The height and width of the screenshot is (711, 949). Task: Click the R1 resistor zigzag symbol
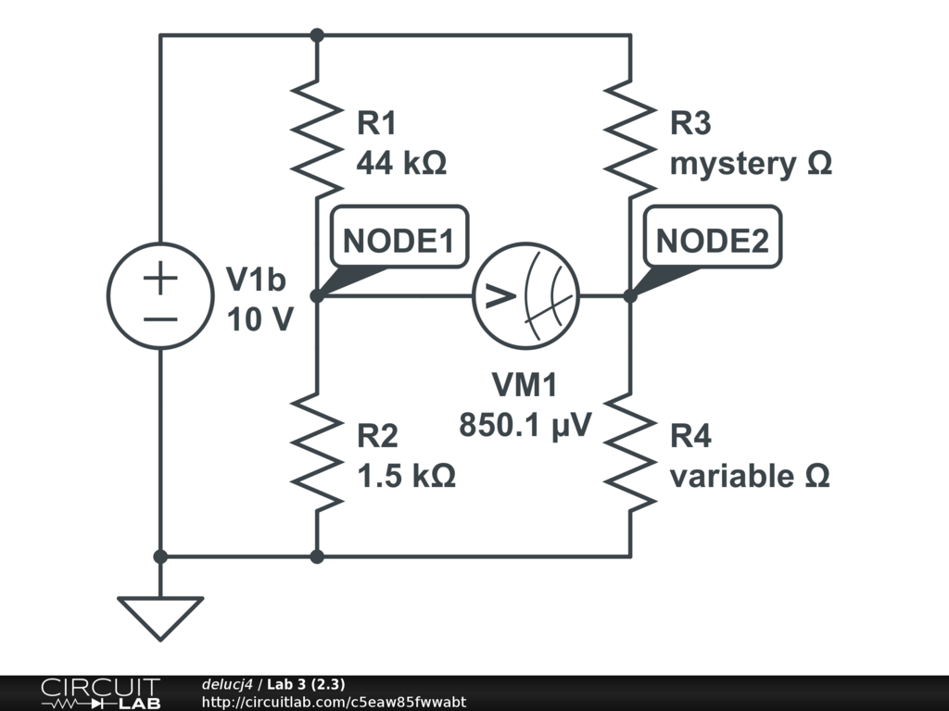tap(317, 139)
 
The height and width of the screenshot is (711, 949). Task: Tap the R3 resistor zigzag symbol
tap(630, 139)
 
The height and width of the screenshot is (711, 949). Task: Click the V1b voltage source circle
tap(160, 296)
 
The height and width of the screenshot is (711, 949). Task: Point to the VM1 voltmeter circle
tap(525, 296)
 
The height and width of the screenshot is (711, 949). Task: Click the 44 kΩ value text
tap(401, 164)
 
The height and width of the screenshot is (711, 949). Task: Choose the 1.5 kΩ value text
tap(406, 477)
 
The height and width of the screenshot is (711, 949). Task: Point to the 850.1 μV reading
tap(525, 427)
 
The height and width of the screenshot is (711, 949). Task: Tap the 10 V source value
tap(260, 319)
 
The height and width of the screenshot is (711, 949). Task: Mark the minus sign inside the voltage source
tap(160, 318)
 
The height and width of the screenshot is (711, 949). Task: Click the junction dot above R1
tap(317, 35)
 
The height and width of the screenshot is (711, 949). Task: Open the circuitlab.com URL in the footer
tap(334, 702)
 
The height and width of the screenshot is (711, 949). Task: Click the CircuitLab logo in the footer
tap(100, 693)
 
